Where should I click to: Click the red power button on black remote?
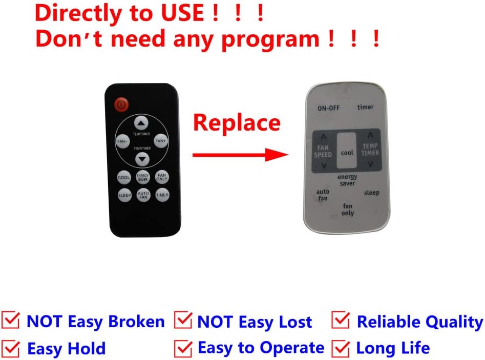coord(121,104)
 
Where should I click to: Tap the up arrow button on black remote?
coord(141,123)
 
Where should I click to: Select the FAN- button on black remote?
coord(123,141)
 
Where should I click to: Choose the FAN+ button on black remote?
coord(160,141)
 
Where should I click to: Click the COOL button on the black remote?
coord(124,178)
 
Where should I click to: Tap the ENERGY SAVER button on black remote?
coord(143,177)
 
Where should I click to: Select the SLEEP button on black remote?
coord(124,195)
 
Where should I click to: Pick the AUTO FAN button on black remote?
coord(143,195)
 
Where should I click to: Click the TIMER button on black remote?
coord(162,195)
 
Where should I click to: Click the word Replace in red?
coord(237,123)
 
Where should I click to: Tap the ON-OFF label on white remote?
coord(329,108)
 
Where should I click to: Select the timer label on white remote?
coord(365,107)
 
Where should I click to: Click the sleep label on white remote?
coord(372,193)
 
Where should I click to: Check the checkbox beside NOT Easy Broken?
coord(12,321)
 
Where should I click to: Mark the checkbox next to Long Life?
coord(342,348)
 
